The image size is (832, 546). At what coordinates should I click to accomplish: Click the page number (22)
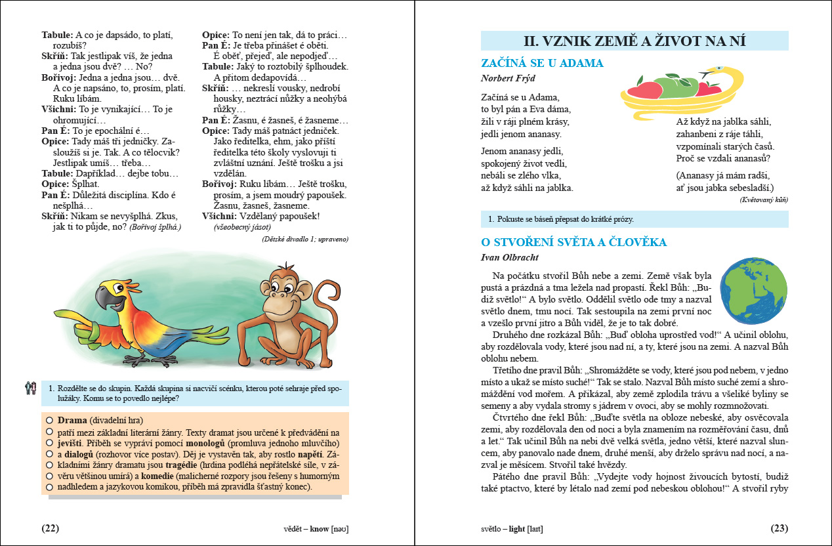tap(51, 528)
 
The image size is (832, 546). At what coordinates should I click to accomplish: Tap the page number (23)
tap(779, 528)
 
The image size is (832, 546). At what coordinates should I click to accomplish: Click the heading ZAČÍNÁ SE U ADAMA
tap(542, 63)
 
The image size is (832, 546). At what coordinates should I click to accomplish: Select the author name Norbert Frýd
tap(508, 78)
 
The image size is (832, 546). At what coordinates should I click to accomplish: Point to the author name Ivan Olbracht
tap(508, 257)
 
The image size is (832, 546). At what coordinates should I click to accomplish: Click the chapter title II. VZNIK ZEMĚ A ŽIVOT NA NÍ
tap(634, 41)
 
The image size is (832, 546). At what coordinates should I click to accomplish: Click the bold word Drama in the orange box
tap(72, 420)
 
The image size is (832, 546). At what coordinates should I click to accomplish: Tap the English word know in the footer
tap(319, 528)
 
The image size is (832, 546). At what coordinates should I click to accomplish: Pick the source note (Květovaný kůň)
tap(763, 199)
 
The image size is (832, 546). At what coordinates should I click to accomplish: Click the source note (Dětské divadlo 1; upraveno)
tap(305, 239)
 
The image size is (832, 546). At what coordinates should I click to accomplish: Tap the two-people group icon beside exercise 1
tap(30, 388)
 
